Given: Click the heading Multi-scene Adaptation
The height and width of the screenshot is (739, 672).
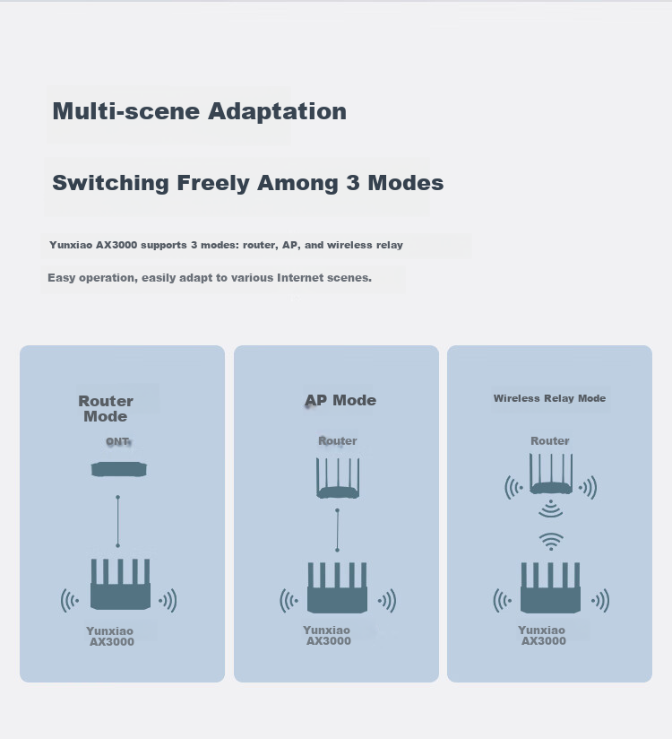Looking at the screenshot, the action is click(x=199, y=112).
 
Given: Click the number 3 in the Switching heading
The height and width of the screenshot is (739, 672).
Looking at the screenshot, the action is click(x=353, y=183).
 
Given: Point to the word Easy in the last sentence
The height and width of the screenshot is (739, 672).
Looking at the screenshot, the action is click(x=62, y=278).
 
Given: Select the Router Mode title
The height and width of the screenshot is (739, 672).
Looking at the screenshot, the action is click(x=106, y=409).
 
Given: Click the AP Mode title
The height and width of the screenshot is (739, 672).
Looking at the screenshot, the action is click(x=340, y=401).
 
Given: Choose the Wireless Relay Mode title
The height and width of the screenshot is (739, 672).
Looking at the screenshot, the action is click(x=549, y=398).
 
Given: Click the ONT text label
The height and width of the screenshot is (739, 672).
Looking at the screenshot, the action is click(x=117, y=441).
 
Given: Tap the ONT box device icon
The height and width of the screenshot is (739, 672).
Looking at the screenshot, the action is click(x=118, y=469).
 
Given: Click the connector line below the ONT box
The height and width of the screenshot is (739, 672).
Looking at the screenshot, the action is click(x=117, y=521).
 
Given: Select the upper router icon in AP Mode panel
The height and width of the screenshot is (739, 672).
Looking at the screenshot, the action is click(x=338, y=478).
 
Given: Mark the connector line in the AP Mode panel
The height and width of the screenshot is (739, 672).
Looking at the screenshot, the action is click(x=337, y=530).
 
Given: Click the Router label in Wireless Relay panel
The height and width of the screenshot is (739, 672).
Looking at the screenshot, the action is click(x=550, y=441).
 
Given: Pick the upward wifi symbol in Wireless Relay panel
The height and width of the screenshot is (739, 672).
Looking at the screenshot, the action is click(x=551, y=542).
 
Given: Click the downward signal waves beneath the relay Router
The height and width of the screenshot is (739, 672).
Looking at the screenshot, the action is click(x=550, y=509).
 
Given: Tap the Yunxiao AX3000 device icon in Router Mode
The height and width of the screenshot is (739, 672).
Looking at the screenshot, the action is click(x=121, y=585).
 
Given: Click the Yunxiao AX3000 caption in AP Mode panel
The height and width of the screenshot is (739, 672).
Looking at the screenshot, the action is click(x=328, y=635).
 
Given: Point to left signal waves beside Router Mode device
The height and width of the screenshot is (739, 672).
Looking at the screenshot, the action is click(x=70, y=601).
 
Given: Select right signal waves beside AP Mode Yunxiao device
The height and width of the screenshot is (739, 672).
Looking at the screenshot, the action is click(x=386, y=601).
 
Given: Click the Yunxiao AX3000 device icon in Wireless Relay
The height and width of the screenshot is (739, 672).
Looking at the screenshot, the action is click(x=550, y=587).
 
